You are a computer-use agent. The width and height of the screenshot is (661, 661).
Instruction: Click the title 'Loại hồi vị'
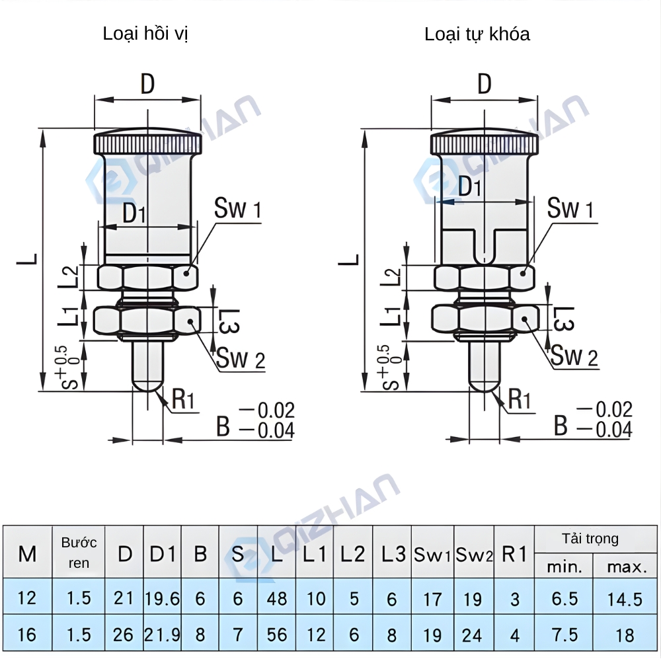(145, 34)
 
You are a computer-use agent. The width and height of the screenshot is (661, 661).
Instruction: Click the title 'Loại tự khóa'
(477, 34)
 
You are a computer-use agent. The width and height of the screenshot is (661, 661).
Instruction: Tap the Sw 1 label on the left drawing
(237, 210)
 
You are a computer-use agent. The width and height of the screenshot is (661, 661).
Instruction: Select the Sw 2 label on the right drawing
(574, 356)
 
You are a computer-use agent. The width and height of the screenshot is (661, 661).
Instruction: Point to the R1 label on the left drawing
(184, 399)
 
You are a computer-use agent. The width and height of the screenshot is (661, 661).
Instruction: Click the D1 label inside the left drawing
(134, 213)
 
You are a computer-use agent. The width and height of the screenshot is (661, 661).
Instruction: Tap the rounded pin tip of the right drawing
(485, 383)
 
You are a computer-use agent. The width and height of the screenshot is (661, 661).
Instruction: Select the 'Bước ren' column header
(79, 553)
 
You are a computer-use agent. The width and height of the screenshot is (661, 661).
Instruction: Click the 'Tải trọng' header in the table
(590, 539)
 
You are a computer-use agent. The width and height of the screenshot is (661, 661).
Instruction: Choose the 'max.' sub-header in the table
(626, 566)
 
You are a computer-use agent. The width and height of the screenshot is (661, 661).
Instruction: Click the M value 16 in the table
(26, 635)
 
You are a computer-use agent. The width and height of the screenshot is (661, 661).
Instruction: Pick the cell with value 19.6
(162, 599)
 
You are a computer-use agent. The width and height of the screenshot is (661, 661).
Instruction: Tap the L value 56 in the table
(277, 635)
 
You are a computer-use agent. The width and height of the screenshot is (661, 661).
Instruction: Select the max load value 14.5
(625, 599)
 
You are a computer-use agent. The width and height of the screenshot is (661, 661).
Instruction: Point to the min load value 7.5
(564, 635)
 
